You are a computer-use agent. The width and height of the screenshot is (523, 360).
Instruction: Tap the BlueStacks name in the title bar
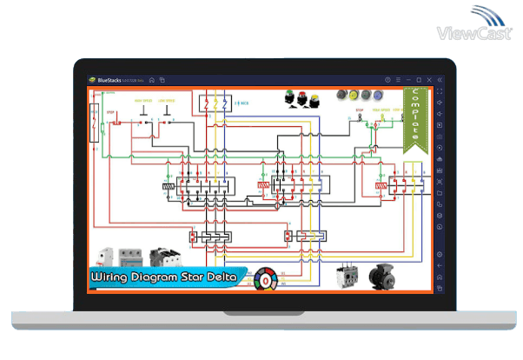pos(111,79)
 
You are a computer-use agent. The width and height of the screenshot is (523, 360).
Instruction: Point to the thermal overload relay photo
pos(348,277)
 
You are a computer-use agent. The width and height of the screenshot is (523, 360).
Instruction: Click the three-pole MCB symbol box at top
pos(215,103)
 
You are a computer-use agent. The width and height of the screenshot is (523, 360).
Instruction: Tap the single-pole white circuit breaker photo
pos(105,256)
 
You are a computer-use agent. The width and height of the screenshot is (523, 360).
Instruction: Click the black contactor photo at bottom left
pos(161,256)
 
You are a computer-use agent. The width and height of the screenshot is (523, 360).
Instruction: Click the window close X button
pos(427,79)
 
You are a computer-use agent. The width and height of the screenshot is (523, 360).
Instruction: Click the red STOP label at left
pos(111,112)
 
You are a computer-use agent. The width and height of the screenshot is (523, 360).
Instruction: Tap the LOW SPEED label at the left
pos(169,102)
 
